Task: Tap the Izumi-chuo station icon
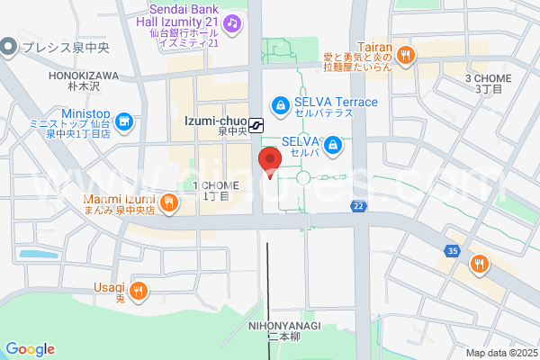pyautogui.click(x=257, y=124)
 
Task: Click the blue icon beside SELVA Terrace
pyautogui.click(x=281, y=106)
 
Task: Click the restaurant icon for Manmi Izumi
pyautogui.click(x=168, y=202)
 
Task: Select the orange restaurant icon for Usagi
pyautogui.click(x=138, y=290)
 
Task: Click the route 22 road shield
pyautogui.click(x=358, y=207)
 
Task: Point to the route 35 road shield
pyautogui.click(x=452, y=250)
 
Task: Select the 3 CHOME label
pyautogui.click(x=488, y=78)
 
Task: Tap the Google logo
pyautogui.click(x=30, y=348)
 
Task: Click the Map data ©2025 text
pyautogui.click(x=501, y=353)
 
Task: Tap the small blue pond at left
pyautogui.click(x=37, y=254)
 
